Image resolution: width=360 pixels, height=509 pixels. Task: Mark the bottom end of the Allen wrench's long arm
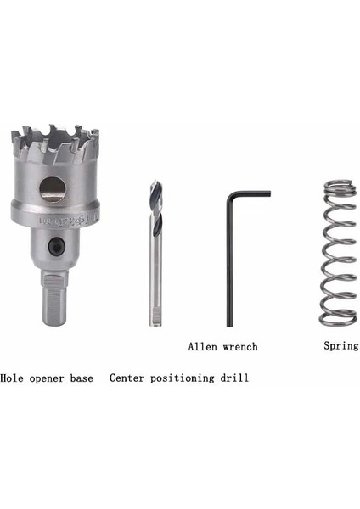tap(230, 325)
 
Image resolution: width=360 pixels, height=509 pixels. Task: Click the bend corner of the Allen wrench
tap(230, 196)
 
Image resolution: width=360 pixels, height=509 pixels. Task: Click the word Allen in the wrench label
tap(203, 346)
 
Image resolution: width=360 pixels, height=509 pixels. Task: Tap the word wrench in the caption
tap(240, 346)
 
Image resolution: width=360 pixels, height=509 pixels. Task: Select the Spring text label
tap(341, 345)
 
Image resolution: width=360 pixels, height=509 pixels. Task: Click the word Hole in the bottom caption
tap(14, 378)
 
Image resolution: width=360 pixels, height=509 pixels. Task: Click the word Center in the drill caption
tap(129, 378)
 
